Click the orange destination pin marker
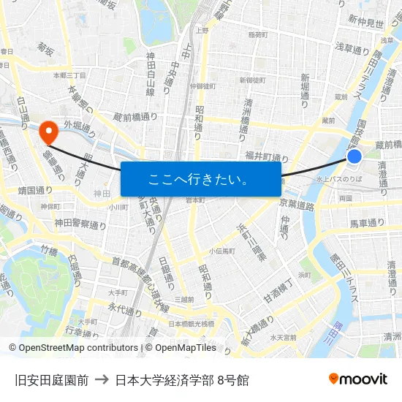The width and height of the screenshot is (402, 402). point(49,132)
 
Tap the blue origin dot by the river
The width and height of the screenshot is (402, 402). point(354,156)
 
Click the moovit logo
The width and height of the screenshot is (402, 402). point(357,379)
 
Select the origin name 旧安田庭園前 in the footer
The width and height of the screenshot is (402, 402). point(51,379)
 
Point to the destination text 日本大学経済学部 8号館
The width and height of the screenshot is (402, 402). point(182,379)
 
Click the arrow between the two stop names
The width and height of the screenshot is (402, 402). point(102,379)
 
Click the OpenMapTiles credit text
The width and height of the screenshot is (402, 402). point(186,348)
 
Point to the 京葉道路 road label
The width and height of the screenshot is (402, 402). point(296,206)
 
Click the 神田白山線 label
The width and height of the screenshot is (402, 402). point(150,74)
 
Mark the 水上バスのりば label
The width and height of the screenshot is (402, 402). point(339,178)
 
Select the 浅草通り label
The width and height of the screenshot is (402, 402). point(353,47)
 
